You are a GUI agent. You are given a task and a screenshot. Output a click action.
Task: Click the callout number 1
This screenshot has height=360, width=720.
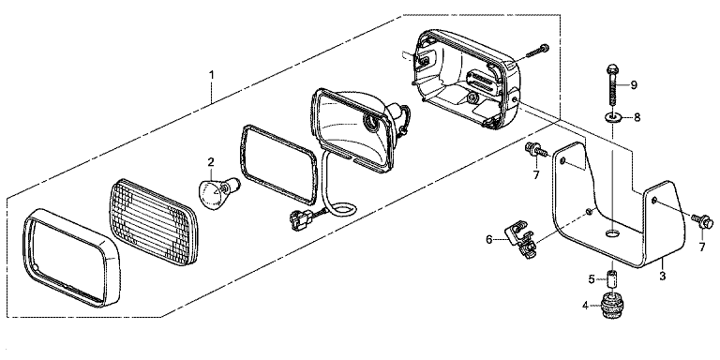coord(211,74)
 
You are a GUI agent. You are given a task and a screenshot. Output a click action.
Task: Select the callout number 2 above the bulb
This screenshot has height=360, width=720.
coord(211,161)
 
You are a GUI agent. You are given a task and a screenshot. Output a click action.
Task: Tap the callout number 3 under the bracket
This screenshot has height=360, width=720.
coord(662,276)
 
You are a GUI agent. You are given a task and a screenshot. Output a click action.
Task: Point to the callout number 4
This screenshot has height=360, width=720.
coord(585,305)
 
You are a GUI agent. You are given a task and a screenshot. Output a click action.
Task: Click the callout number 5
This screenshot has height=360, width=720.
coord(592,278)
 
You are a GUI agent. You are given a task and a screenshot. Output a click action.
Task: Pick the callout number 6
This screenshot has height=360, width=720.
coord(489,239)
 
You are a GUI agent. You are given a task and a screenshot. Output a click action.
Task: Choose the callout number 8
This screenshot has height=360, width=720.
coord(637,117)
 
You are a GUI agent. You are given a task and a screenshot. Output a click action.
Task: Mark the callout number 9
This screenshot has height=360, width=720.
coord(634,85)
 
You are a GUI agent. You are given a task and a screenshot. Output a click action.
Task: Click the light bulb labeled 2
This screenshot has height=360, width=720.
coord(214,191)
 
